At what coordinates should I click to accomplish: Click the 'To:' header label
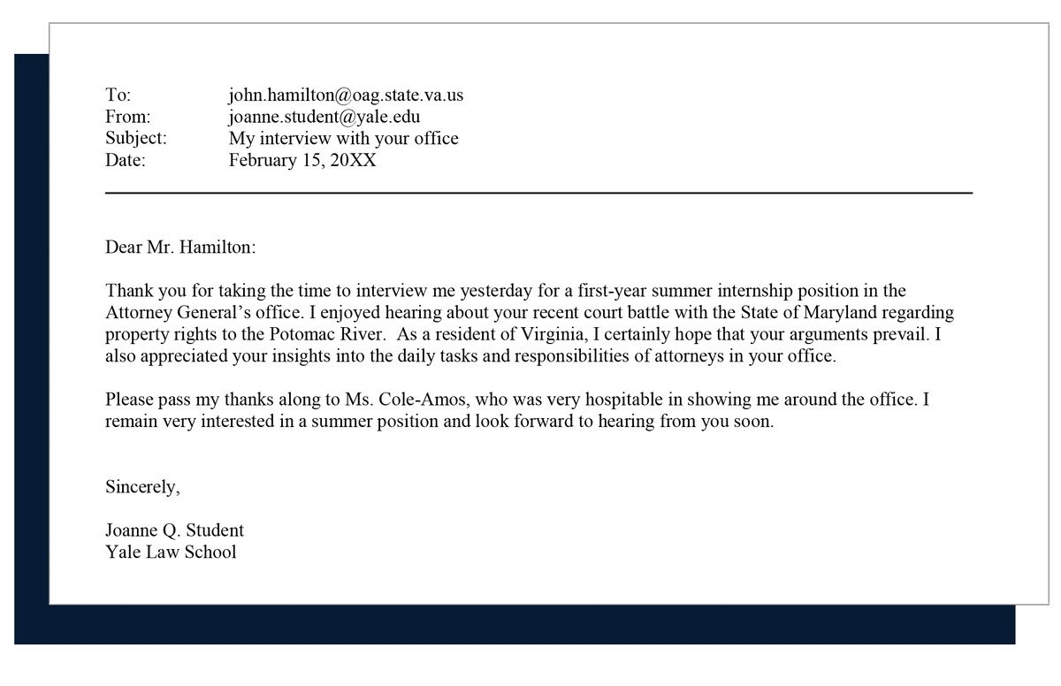pos(118,95)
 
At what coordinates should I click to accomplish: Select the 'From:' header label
pos(128,117)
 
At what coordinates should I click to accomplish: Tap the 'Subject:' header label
pos(136,139)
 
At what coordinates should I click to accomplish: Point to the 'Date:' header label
pos(126,160)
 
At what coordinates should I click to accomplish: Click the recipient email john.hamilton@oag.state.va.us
pos(346,95)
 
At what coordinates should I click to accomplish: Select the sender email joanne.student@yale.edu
pos(324,117)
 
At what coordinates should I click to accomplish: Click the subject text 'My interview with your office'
pos(344,139)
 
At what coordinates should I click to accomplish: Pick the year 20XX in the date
pos(353,160)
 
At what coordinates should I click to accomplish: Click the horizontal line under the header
pos(538,192)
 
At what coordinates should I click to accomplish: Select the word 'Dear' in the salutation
pos(124,247)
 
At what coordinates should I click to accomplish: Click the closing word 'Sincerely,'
pos(142,486)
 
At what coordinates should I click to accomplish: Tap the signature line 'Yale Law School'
pos(171,552)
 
